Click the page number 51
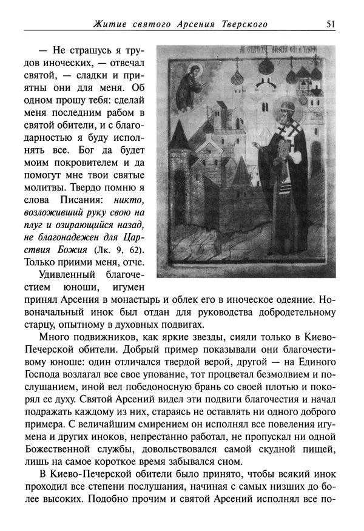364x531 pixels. tap(331, 24)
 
